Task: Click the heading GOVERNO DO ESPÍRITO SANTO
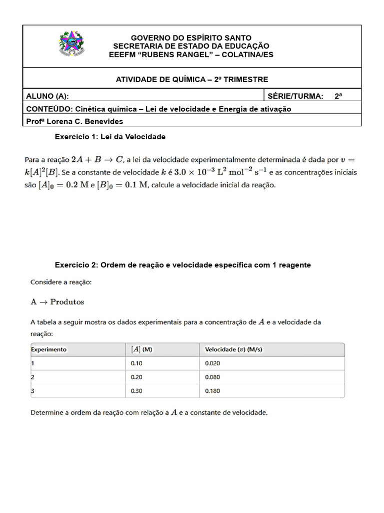(x=191, y=38)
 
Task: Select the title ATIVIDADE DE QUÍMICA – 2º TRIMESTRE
(x=192, y=79)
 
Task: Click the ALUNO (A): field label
(x=47, y=96)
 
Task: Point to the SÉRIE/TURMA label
(x=295, y=96)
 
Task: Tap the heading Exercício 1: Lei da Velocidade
(x=110, y=136)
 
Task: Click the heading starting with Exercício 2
(x=182, y=265)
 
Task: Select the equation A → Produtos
(x=57, y=302)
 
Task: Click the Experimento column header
(x=49, y=349)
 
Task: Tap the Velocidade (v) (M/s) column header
(x=233, y=349)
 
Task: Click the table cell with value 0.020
(x=212, y=363)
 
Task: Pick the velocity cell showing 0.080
(x=212, y=377)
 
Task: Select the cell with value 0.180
(x=212, y=391)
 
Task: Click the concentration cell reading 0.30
(x=136, y=391)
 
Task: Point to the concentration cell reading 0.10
(x=136, y=363)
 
